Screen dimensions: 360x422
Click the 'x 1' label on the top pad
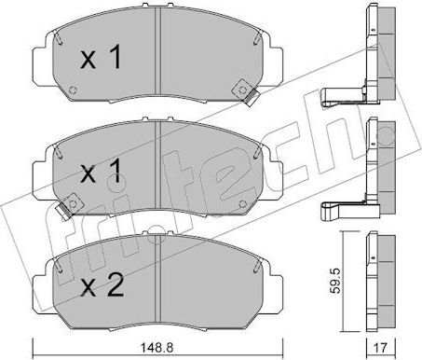pyautogui.click(x=100, y=61)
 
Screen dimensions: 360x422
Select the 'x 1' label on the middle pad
pyautogui.click(x=100, y=174)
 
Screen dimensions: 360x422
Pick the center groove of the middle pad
pyautogui.click(x=155, y=163)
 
